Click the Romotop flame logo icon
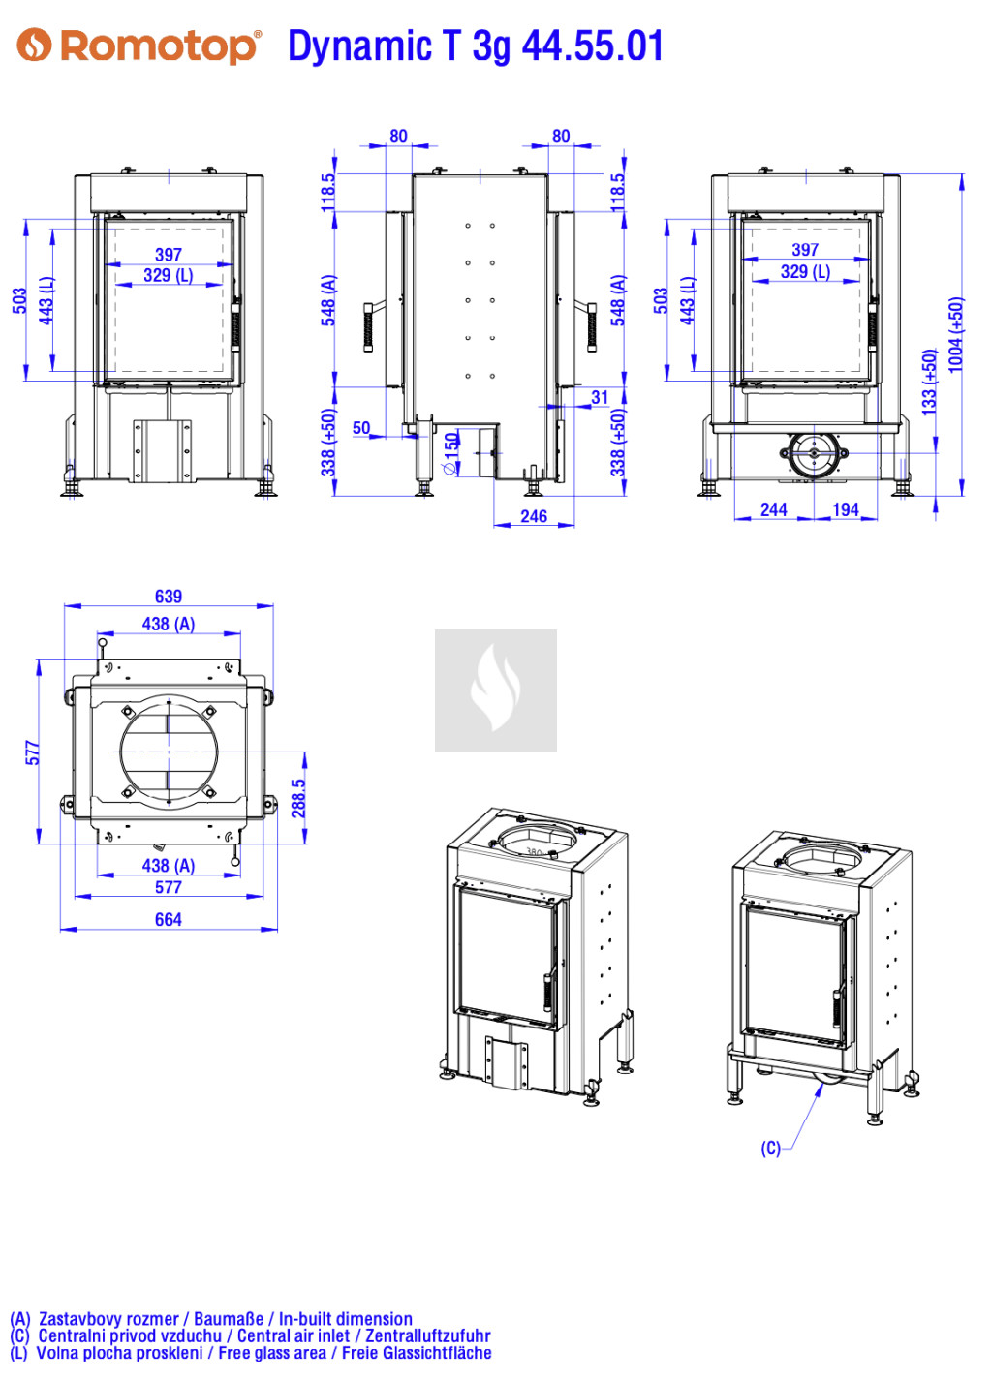[x=33, y=45]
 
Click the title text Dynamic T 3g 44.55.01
[x=475, y=46]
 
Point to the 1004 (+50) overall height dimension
[x=955, y=335]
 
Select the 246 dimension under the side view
[x=534, y=516]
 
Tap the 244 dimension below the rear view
[x=773, y=509]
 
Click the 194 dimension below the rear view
[x=845, y=509]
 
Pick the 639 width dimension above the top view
[x=169, y=597]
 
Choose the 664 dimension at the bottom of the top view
[x=169, y=919]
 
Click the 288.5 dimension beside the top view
[x=298, y=798]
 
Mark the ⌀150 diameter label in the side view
[x=451, y=453]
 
